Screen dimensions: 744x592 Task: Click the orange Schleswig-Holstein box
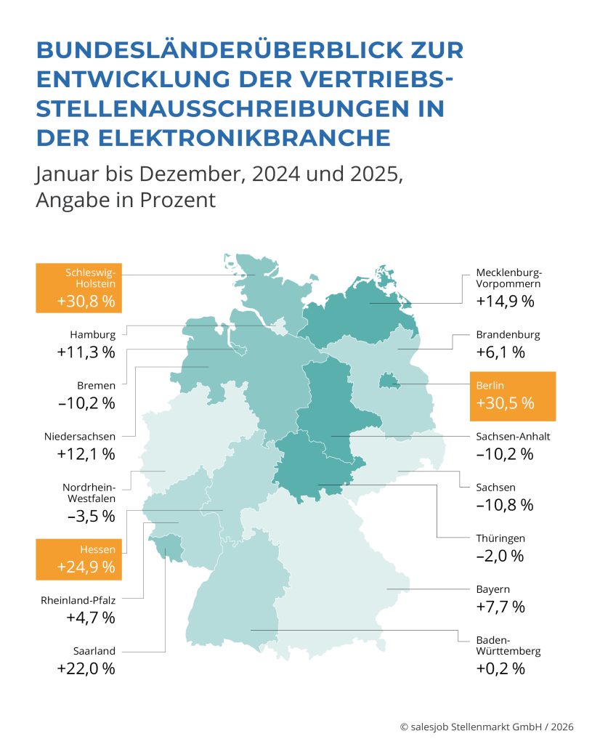[79, 288]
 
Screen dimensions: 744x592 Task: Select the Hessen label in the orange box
[96, 550]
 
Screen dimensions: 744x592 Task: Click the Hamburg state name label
[92, 335]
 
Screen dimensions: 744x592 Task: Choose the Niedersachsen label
[79, 437]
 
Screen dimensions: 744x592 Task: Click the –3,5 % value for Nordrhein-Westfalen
[86, 516]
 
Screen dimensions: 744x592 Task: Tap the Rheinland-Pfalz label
[79, 600]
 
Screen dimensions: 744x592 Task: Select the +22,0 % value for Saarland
[86, 668]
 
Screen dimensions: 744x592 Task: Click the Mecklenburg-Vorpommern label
[508, 278]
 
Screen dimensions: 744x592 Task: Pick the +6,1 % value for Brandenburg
[500, 352]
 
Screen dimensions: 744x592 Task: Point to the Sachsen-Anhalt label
[513, 437]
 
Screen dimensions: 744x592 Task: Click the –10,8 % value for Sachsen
[505, 505]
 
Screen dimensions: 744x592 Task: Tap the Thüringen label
[500, 538]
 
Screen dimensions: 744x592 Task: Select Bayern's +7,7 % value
[500, 607]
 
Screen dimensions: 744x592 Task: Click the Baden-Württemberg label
[508, 646]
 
